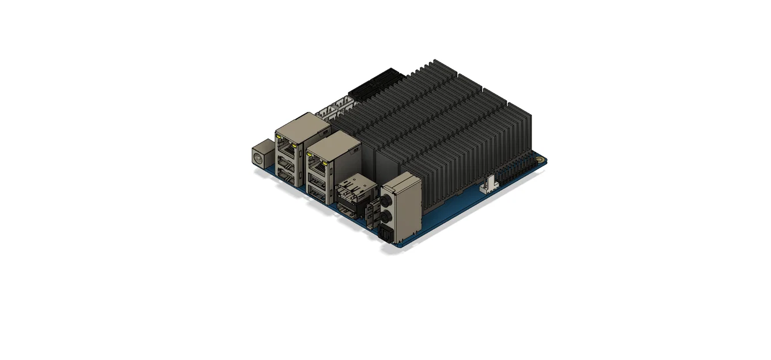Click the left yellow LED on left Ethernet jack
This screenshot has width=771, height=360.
(x=279, y=138)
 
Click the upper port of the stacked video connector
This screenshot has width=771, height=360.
(x=349, y=189)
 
